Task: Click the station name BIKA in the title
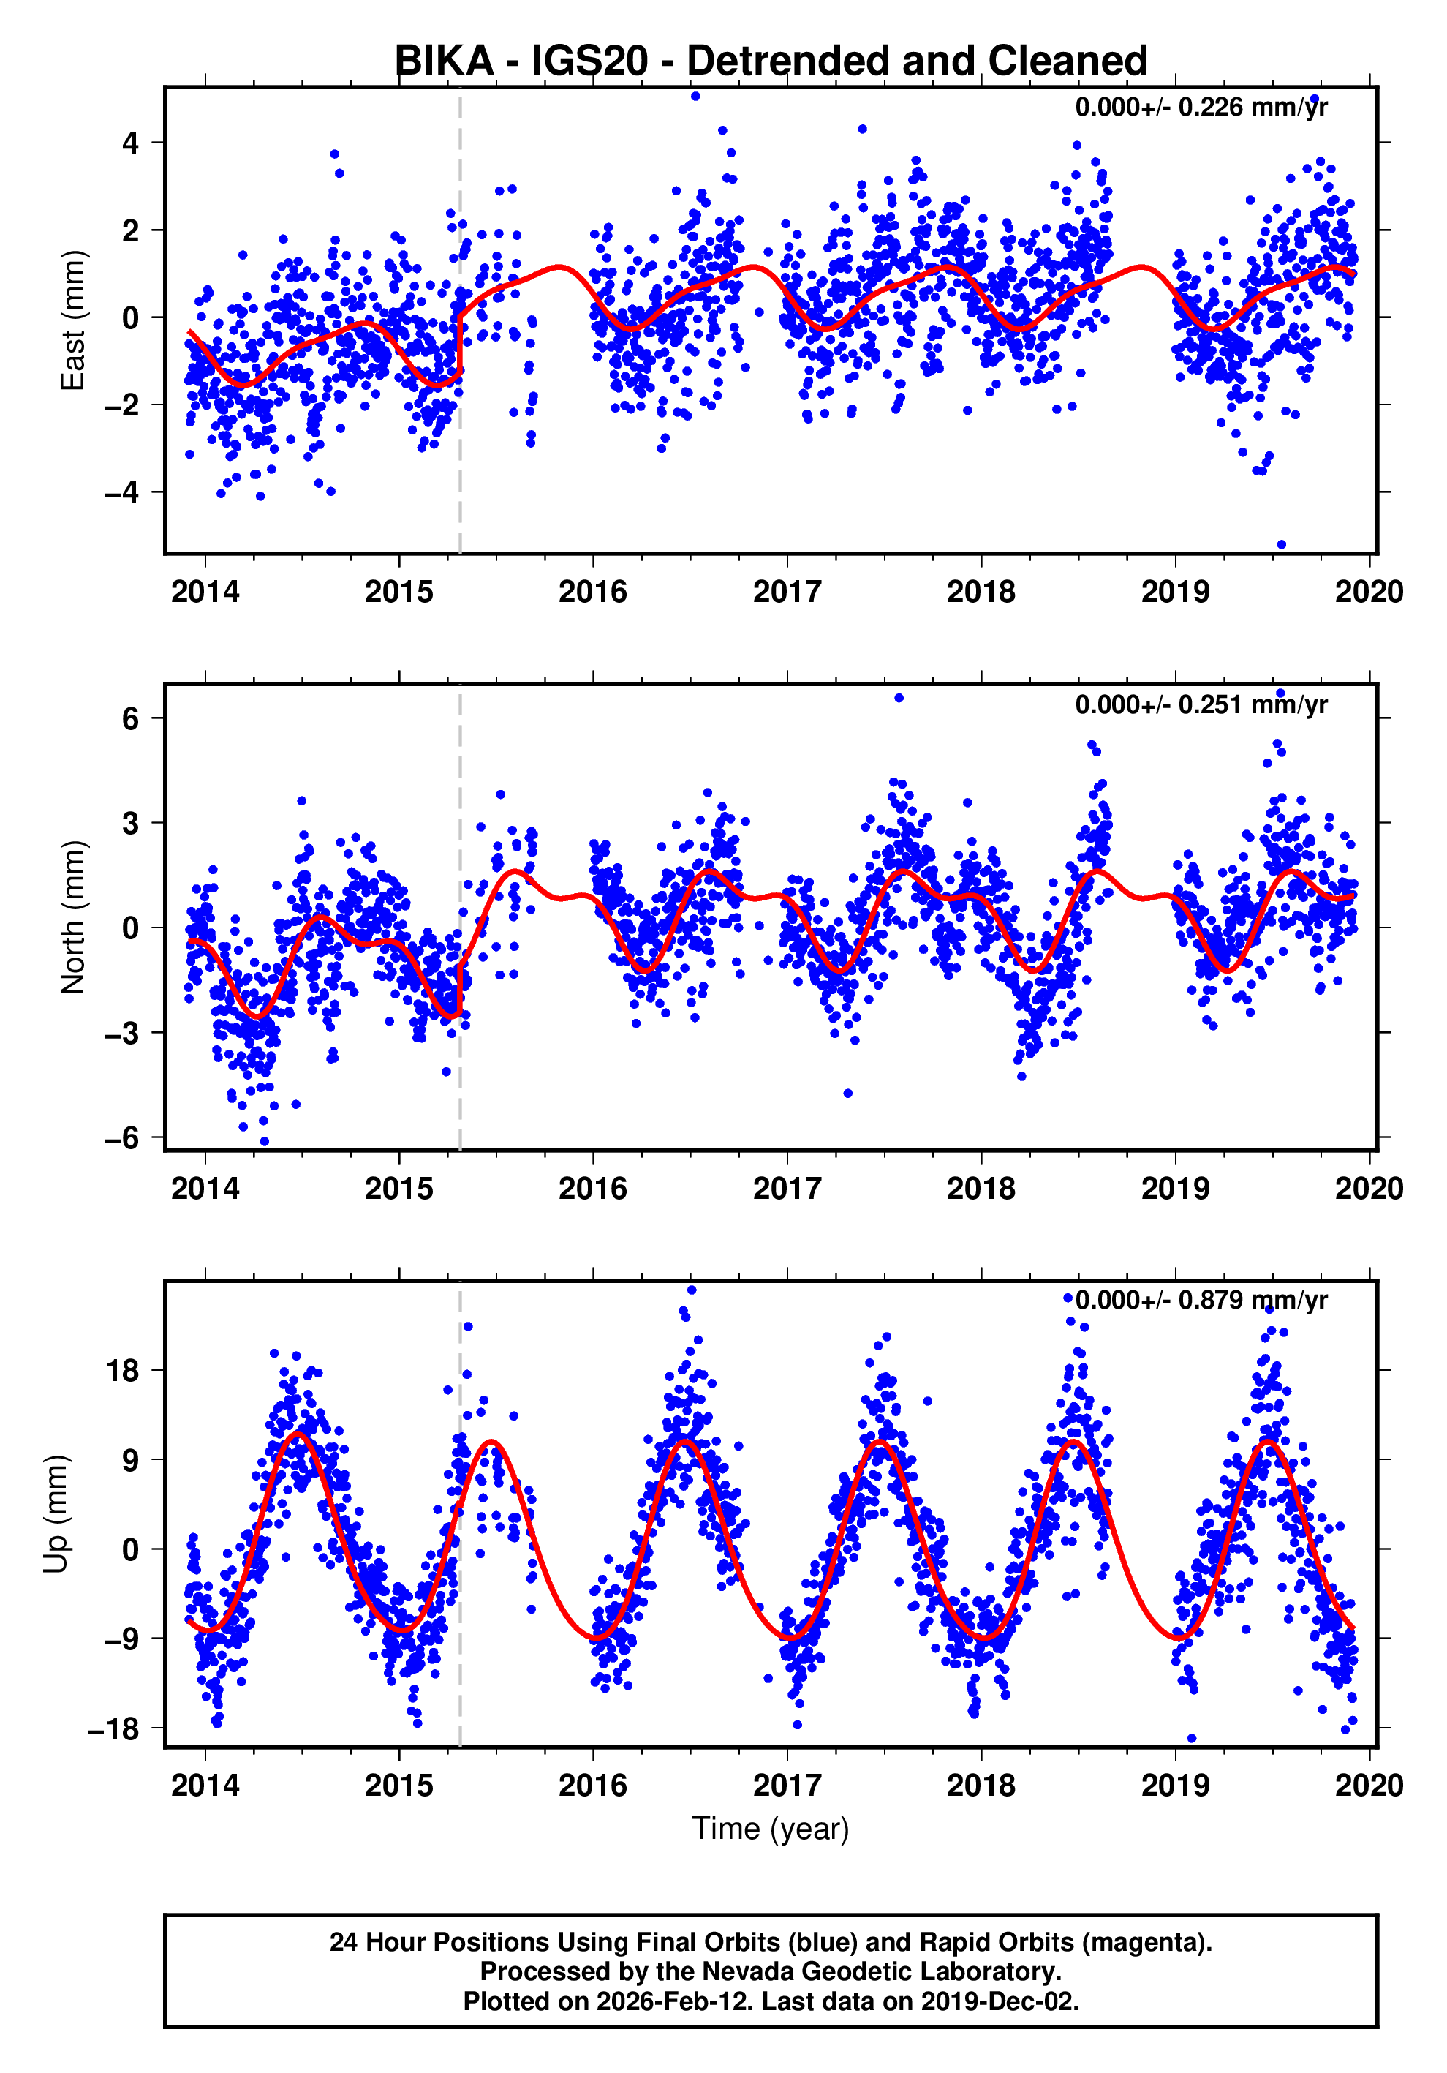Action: [444, 61]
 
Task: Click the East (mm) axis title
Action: [72, 320]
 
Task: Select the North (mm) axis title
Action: [72, 917]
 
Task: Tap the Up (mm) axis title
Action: [56, 1514]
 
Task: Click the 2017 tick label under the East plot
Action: [786, 592]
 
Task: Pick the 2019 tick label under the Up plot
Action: [1174, 1785]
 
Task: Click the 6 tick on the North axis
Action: [131, 719]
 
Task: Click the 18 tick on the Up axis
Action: [123, 1371]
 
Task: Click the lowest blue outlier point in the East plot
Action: [1281, 544]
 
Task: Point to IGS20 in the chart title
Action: [589, 61]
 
